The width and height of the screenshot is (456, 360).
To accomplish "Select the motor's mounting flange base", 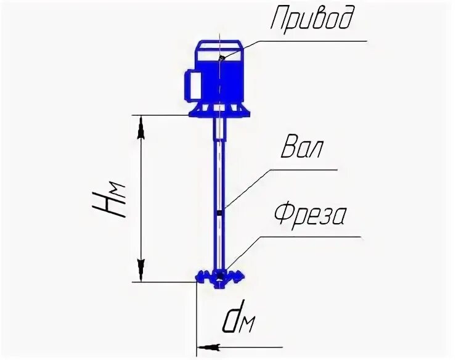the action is coord(220,112).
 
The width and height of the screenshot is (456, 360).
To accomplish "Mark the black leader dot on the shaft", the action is coord(220,213).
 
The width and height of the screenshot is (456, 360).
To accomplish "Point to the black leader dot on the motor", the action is coord(221,58).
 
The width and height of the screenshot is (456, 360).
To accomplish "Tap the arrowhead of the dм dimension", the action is coord(207,347).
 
